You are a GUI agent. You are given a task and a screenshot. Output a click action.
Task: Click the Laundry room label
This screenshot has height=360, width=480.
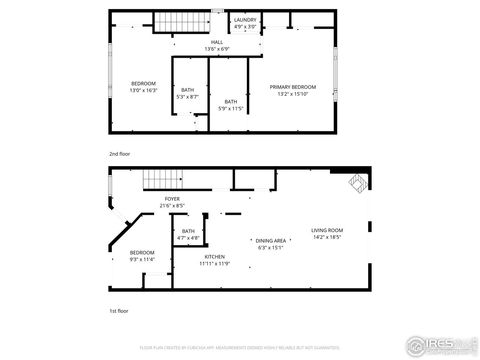click(245, 19)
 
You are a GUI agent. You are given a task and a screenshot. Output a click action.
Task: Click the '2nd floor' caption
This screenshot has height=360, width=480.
click(120, 154)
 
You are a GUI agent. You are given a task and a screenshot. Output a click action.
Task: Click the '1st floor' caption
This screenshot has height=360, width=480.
click(119, 311)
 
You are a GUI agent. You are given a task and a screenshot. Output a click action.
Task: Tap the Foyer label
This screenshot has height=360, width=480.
click(173, 199)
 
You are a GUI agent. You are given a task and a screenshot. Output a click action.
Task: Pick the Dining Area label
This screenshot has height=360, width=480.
click(271, 240)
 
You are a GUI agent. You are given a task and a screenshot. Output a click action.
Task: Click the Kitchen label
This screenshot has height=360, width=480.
click(215, 256)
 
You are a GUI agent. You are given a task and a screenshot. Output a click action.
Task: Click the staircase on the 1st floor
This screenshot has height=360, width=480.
click(163, 179)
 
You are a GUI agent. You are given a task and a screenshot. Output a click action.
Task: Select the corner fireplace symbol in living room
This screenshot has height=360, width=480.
click(358, 182)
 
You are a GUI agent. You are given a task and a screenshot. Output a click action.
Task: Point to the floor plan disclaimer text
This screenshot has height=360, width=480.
click(239, 345)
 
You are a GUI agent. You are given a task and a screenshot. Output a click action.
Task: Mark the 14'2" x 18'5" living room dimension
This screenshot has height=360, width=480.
click(326, 237)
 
